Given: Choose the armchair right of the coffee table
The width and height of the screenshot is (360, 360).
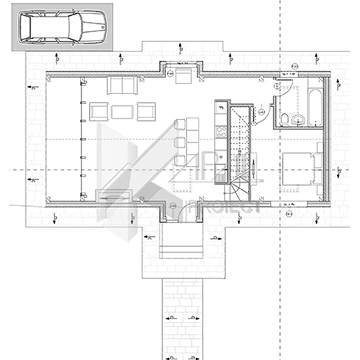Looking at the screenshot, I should click(x=145, y=111).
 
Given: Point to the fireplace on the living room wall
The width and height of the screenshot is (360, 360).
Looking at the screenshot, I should click(x=114, y=195).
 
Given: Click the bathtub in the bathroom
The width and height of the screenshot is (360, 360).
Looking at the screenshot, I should click(x=313, y=100).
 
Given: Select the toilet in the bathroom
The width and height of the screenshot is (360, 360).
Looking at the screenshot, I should click(x=285, y=119).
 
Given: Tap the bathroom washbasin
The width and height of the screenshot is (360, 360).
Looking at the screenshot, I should click(x=298, y=119).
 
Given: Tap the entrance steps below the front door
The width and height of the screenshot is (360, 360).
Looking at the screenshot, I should click(x=181, y=248).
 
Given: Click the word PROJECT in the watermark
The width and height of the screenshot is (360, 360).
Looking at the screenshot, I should click(x=223, y=206).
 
